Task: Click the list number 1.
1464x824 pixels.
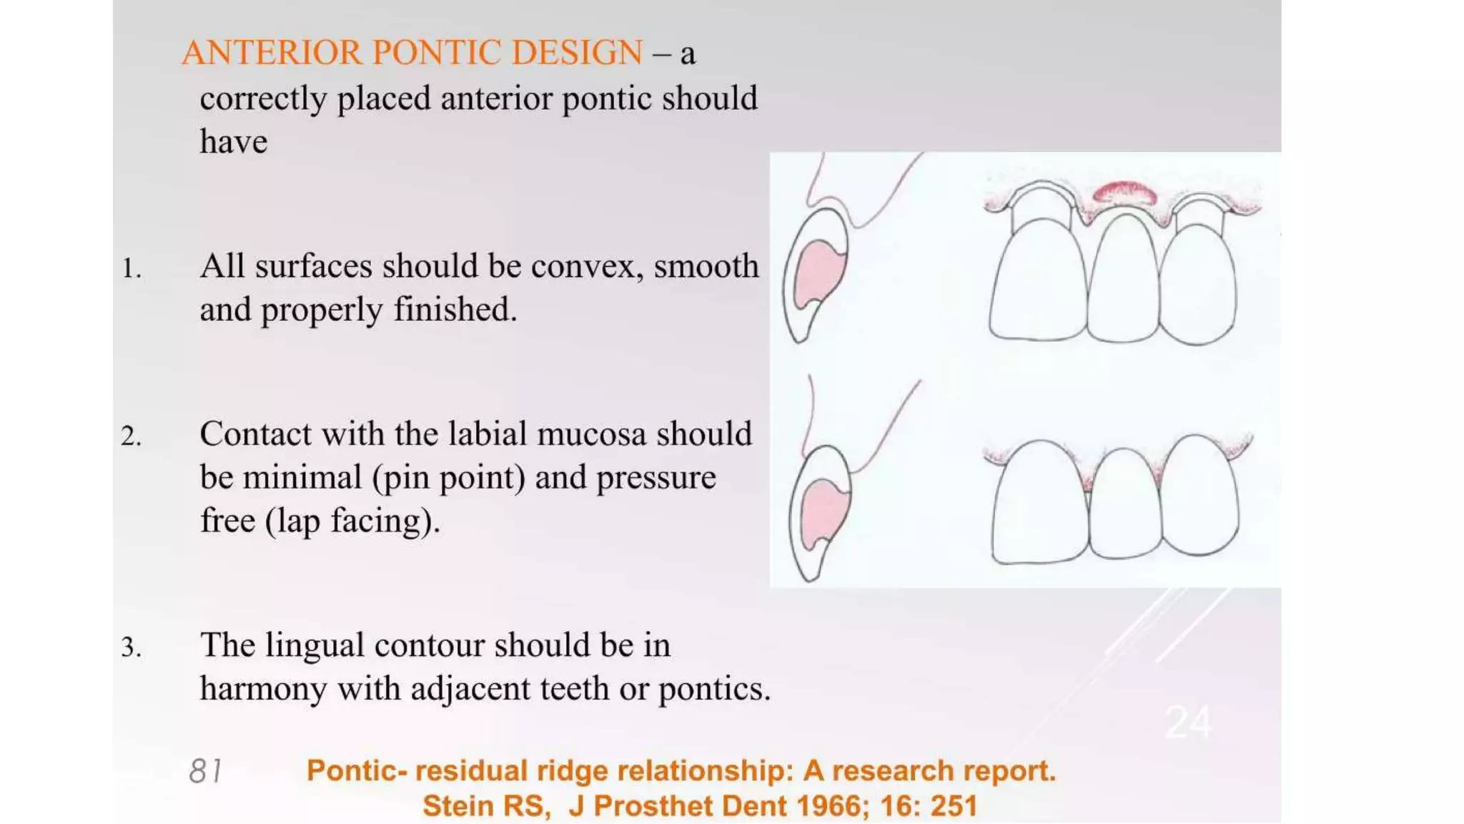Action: pos(131,269)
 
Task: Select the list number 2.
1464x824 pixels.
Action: pos(131,436)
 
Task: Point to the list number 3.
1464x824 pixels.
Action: pos(131,647)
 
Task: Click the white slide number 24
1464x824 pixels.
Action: pos(1188,722)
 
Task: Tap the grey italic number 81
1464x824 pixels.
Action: pos(205,771)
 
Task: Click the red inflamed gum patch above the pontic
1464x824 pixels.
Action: pos(1124,193)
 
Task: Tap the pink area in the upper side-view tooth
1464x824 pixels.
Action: pos(819,272)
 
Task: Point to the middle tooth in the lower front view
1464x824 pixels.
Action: pos(1124,504)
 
